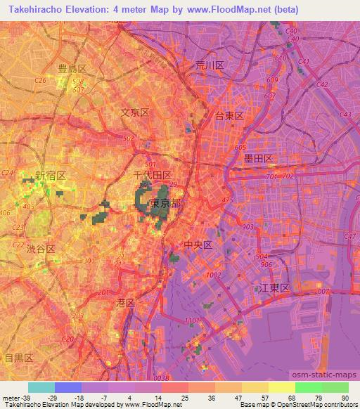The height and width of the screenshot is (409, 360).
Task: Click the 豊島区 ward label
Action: coord(72,68)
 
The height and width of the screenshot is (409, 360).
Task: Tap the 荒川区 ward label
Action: coord(210,65)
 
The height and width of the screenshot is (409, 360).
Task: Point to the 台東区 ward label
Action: coord(229,116)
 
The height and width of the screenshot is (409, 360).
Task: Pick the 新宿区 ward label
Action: coord(51,175)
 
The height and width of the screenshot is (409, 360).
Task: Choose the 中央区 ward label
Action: coord(198,245)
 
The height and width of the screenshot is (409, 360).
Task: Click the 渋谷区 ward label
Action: coord(41,249)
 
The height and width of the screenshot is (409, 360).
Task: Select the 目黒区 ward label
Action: coord(18,358)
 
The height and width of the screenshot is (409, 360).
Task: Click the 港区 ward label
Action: coord(124,301)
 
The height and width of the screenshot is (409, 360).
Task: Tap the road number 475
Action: coord(227,201)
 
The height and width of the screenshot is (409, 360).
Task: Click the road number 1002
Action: coord(214,275)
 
